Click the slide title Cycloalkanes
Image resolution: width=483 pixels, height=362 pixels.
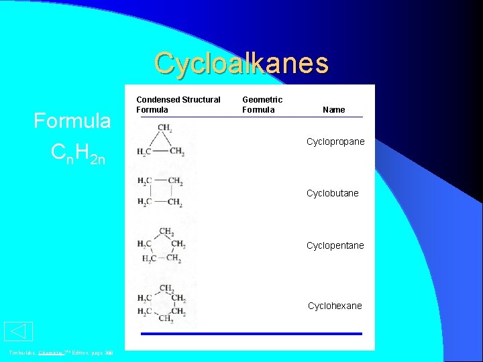pyautogui.click(x=241, y=63)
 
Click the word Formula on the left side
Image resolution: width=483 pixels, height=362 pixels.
pyautogui.click(x=72, y=121)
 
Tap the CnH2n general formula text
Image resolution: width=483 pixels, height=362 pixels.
pyautogui.click(x=78, y=155)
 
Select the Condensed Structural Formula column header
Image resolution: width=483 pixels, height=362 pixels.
pyautogui.click(x=178, y=105)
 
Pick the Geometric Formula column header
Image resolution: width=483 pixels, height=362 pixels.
pyautogui.click(x=262, y=105)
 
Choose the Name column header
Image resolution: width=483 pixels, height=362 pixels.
pyautogui.click(x=333, y=109)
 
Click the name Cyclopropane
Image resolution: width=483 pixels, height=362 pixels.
pyautogui.click(x=335, y=142)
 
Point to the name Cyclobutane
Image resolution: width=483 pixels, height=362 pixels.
pyautogui.click(x=333, y=193)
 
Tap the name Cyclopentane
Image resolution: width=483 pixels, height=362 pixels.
pyautogui.click(x=335, y=245)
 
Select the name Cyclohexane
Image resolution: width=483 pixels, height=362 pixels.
pyautogui.click(x=335, y=306)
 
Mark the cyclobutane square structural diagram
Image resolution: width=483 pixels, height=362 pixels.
pyautogui.click(x=160, y=191)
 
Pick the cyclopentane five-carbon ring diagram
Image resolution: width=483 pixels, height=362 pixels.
pyautogui.click(x=162, y=245)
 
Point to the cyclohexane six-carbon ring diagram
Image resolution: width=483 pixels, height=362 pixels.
pyautogui.click(x=162, y=304)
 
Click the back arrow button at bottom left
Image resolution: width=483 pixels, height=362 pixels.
pyautogui.click(x=18, y=332)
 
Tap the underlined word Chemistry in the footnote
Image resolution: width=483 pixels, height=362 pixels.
pyautogui.click(x=50, y=353)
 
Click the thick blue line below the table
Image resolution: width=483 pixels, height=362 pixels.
pyautogui.click(x=251, y=334)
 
